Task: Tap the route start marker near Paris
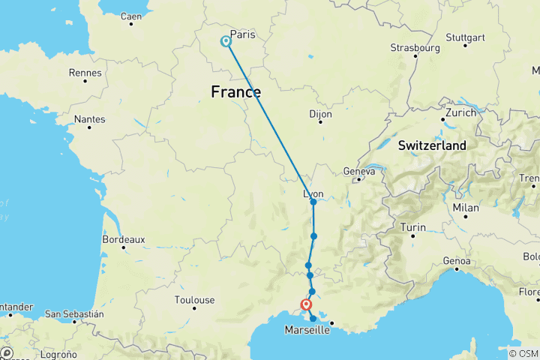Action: [225, 42]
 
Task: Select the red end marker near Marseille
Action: [306, 304]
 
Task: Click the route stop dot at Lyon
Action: [313, 202]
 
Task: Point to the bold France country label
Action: [236, 92]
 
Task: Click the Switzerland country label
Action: [432, 145]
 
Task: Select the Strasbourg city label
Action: [414, 48]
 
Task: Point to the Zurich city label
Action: [460, 113]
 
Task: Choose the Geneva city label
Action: [358, 172]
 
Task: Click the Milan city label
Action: [465, 207]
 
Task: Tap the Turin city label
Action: [413, 227]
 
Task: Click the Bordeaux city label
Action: [124, 240]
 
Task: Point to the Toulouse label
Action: [194, 300]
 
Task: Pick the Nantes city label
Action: [89, 119]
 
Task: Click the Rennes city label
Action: [84, 73]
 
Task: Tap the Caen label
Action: [130, 16]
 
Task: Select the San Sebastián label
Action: [74, 313]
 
